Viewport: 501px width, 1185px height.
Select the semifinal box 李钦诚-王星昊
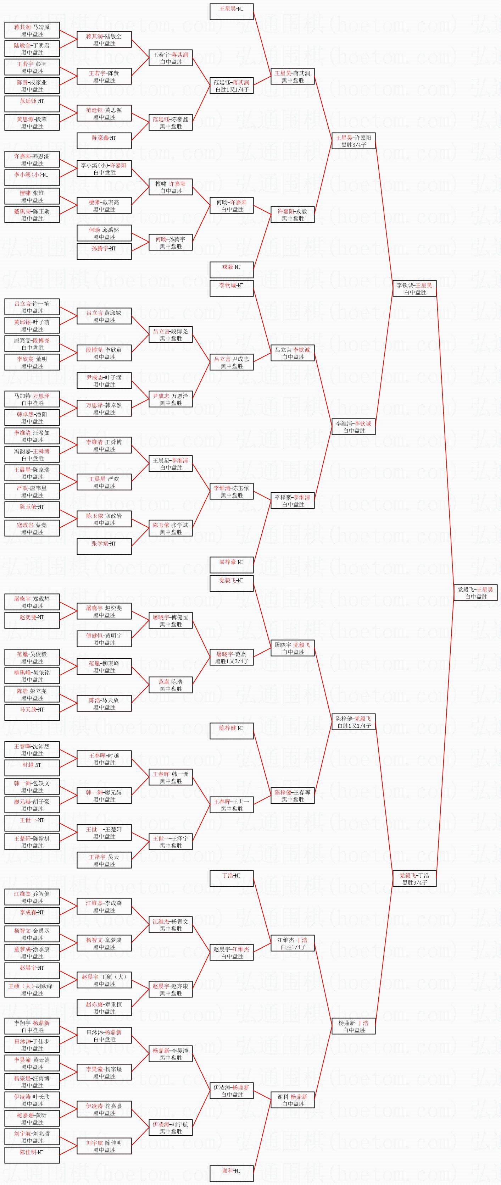[x=414, y=288]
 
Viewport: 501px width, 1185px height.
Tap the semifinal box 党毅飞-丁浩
[x=414, y=879]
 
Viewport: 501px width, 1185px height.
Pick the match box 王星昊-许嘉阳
[x=353, y=141]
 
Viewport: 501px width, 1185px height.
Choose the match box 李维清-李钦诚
[x=353, y=427]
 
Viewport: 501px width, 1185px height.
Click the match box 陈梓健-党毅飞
[x=353, y=722]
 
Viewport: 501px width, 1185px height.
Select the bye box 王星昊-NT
[x=232, y=11]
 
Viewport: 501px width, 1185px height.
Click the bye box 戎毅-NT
[x=232, y=270]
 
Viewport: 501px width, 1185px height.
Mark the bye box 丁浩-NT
[x=232, y=878]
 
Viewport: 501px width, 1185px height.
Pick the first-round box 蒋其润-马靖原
[x=32, y=31]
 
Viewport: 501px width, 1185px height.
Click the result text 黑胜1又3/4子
[x=232, y=661]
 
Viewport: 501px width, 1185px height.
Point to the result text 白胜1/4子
[x=293, y=947]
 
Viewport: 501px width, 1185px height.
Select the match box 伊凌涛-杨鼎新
[x=232, y=1091]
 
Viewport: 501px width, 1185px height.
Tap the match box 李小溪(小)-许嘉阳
[x=104, y=169]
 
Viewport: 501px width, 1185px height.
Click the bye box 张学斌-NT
[x=104, y=546]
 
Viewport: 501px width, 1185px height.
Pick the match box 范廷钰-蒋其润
[x=232, y=85]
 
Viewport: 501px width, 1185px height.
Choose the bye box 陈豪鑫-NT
[x=104, y=140]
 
